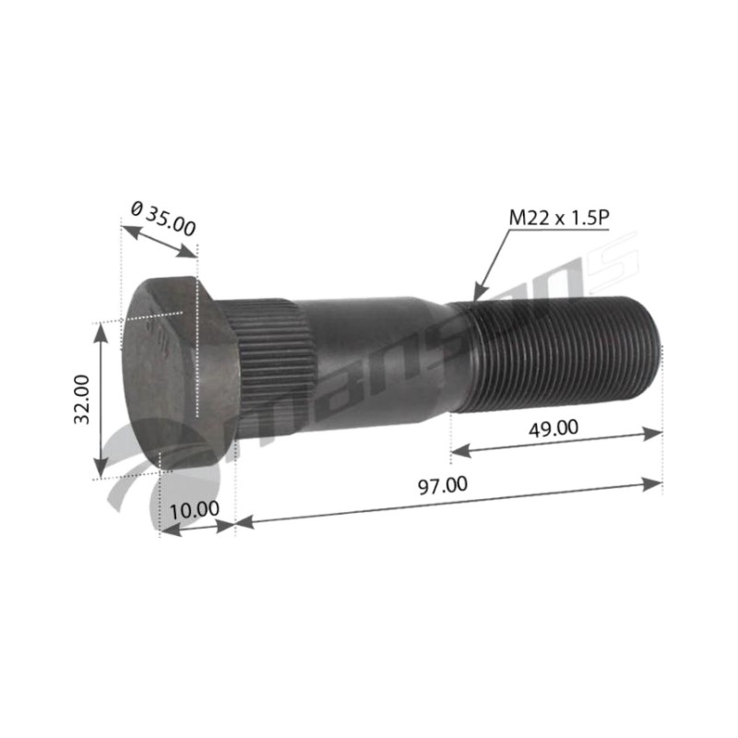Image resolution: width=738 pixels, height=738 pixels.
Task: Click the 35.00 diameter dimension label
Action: (x=163, y=219)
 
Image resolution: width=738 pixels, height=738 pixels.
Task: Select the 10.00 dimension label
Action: (x=194, y=510)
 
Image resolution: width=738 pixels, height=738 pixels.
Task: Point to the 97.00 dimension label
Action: (x=444, y=486)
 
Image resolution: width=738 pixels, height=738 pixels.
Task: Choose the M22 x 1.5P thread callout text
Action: (x=559, y=218)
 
